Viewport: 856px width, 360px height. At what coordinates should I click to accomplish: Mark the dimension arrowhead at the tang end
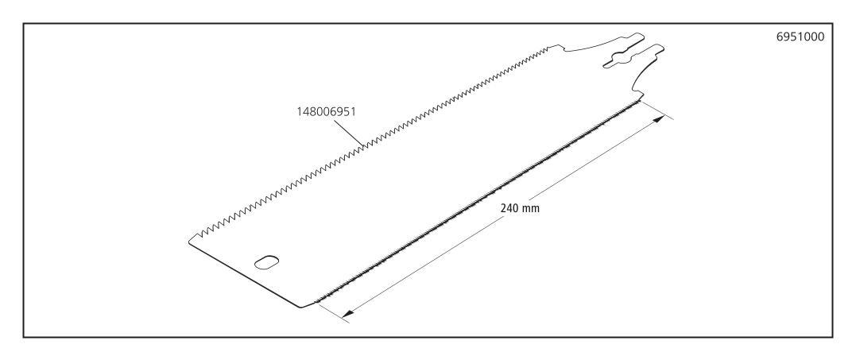point(660,118)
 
